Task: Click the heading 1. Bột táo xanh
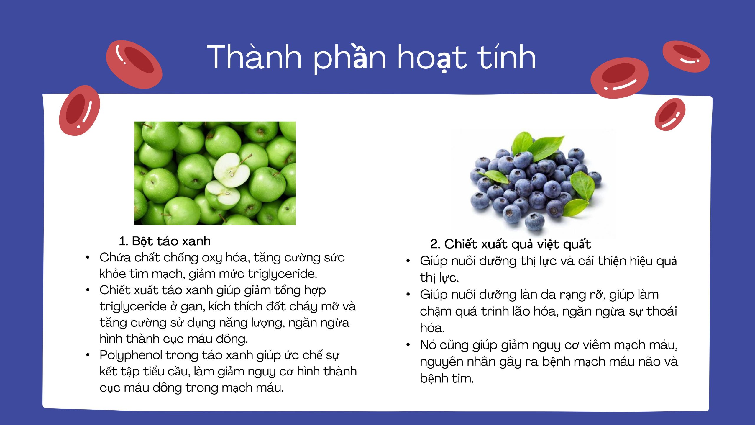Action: (x=165, y=241)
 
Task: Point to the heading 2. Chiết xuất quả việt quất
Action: (x=511, y=244)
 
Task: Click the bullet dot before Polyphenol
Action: (x=88, y=355)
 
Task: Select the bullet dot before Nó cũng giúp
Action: (x=408, y=345)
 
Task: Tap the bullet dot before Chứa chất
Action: (x=88, y=258)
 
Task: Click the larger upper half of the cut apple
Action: (x=232, y=170)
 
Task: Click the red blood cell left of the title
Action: (x=134, y=64)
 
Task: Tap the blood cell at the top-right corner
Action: (x=686, y=57)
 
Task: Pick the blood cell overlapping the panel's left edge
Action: (x=80, y=110)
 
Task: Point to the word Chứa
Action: (x=115, y=258)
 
